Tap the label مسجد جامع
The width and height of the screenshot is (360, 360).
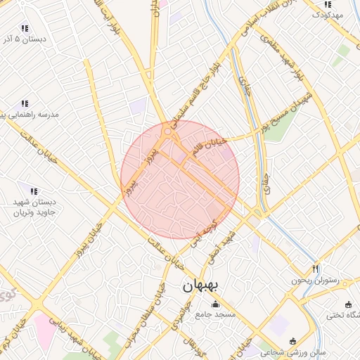pyautogui.click(x=215, y=314)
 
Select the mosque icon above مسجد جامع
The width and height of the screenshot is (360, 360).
pyautogui.click(x=215, y=304)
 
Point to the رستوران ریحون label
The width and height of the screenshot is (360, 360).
pyautogui.click(x=316, y=280)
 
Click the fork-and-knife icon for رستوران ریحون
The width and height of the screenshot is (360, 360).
pyautogui.click(x=316, y=269)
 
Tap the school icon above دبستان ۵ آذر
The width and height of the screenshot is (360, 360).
pyautogui.click(x=25, y=29)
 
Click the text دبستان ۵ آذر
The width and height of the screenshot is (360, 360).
pyautogui.click(x=25, y=39)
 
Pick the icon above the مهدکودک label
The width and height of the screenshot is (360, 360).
pyautogui.click(x=328, y=4)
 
